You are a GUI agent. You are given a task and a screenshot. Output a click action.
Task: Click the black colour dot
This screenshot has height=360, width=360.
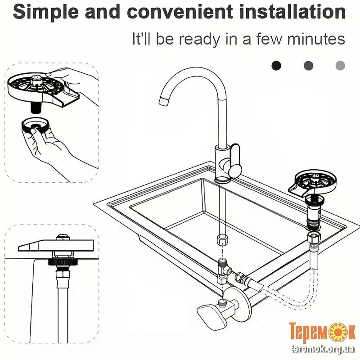pyautogui.click(x=276, y=66)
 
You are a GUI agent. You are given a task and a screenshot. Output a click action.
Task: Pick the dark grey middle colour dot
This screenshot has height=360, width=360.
pyautogui.click(x=308, y=66)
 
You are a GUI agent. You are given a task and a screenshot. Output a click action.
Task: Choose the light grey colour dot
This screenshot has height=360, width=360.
pyautogui.click(x=340, y=66)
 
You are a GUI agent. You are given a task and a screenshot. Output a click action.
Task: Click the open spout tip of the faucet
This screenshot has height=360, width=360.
pyautogui.click(x=163, y=101)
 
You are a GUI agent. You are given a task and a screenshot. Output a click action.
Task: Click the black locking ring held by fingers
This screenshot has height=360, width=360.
pyautogui.click(x=35, y=126)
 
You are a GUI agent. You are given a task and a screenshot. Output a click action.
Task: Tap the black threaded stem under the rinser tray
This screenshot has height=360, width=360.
pyautogui.click(x=36, y=108)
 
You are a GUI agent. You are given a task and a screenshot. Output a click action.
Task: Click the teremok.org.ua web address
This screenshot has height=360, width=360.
pyautogui.click(x=323, y=349)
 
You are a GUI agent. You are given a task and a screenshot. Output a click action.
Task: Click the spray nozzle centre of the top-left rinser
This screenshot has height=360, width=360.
pyautogui.click(x=35, y=79)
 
